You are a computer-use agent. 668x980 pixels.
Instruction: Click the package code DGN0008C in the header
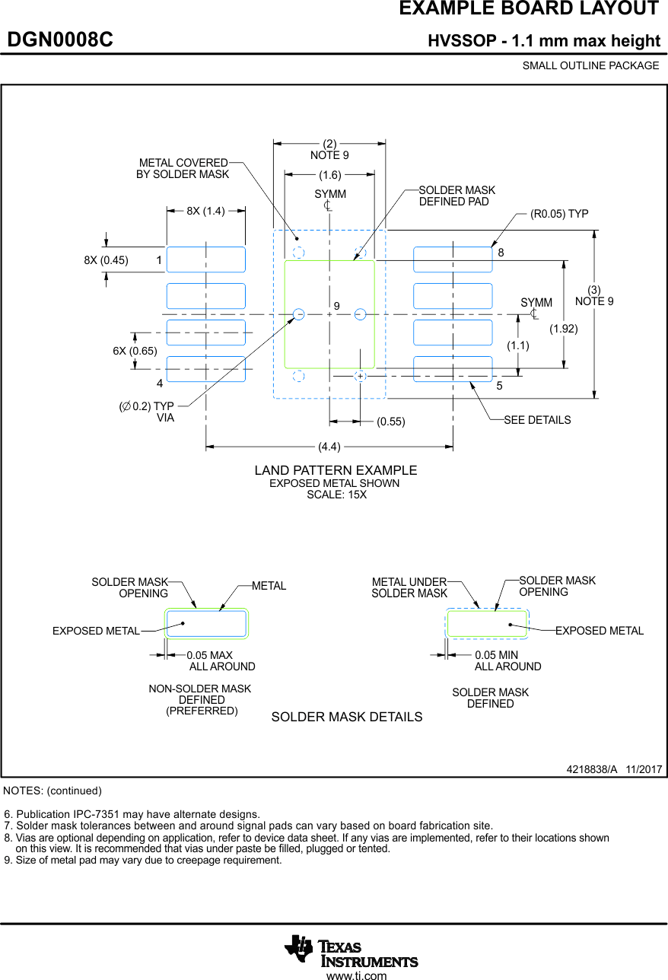(60, 40)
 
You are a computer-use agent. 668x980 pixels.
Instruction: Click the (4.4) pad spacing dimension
(329, 447)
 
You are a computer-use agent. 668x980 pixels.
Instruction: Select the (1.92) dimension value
(564, 329)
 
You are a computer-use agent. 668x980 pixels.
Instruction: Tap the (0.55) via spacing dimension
(391, 422)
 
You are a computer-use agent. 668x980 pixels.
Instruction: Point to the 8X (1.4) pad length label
(205, 211)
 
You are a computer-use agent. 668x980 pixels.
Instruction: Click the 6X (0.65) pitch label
(135, 351)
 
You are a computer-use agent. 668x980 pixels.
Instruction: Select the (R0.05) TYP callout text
(559, 214)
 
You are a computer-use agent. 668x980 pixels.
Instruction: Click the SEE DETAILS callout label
(537, 420)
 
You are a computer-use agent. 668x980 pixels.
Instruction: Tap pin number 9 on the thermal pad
(336, 306)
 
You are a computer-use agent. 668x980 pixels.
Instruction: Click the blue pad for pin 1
(206, 259)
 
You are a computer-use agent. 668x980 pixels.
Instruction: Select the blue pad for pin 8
(453, 259)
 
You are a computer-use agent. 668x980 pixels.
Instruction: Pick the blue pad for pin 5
(453, 369)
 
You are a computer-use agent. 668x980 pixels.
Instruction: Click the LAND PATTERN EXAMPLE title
(336, 470)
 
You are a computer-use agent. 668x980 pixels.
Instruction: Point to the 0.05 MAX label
(209, 655)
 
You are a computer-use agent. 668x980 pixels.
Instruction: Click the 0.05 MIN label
(496, 655)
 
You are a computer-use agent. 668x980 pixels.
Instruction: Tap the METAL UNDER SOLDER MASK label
(409, 587)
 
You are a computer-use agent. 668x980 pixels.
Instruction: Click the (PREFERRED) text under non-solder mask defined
(202, 711)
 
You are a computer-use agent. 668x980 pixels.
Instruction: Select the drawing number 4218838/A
(592, 769)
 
